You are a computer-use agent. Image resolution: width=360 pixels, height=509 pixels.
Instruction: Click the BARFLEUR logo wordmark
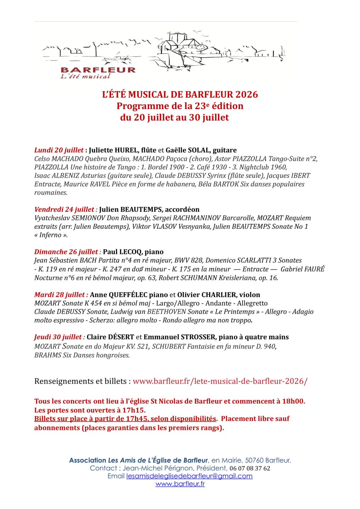[x=98, y=70]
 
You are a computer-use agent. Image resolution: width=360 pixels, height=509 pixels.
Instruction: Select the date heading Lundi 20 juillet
[x=59, y=150]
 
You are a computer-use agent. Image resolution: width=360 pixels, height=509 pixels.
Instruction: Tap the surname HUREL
[x=126, y=150]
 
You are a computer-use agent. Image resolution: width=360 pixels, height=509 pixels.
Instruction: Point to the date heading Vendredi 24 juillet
[x=64, y=210]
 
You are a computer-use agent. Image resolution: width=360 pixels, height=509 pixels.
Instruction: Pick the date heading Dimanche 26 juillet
[x=66, y=252]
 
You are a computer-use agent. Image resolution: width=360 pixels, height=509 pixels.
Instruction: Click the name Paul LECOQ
[x=123, y=252]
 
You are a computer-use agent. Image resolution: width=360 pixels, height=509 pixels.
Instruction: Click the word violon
[x=249, y=295]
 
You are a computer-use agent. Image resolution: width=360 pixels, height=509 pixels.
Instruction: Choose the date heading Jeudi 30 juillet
[x=58, y=337]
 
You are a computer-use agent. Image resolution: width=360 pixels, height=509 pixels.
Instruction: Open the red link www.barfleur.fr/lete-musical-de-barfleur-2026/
[x=220, y=381]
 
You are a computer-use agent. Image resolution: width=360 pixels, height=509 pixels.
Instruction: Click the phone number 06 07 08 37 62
[x=250, y=468]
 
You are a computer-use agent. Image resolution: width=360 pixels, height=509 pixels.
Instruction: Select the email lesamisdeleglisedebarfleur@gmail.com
[x=189, y=476]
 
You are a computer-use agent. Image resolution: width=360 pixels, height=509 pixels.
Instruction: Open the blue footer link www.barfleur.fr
[x=180, y=484]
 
